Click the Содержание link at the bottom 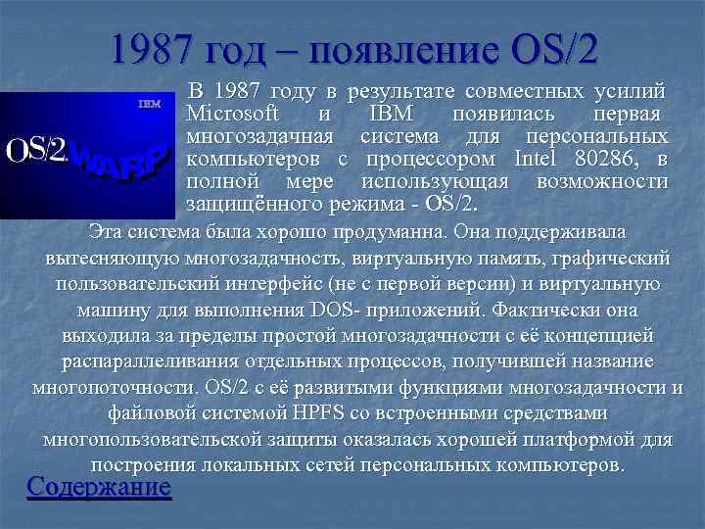click(x=99, y=487)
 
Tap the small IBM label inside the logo click(x=149, y=103)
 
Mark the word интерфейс click(x=289, y=285)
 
